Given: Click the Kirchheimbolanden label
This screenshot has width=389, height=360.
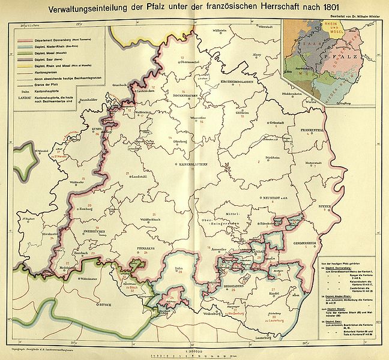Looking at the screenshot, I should pos(239,81).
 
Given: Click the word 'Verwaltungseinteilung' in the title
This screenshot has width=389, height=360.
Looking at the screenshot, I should pos(94,8).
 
